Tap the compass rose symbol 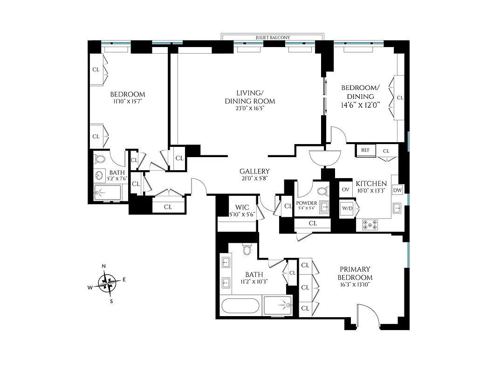coord(108,283)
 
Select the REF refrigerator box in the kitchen coord(365,151)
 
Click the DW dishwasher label coord(397,190)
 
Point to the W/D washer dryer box coord(347,208)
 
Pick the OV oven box coord(346,189)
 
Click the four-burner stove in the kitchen coord(370,225)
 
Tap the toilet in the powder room coord(322,191)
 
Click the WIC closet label coord(242,207)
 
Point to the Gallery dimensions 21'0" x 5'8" coord(254,178)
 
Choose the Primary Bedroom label coord(355,273)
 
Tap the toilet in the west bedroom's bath coord(100,159)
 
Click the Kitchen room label coord(371,183)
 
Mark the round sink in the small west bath coord(99,176)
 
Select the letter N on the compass coord(104,266)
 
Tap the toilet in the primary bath coord(247,251)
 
